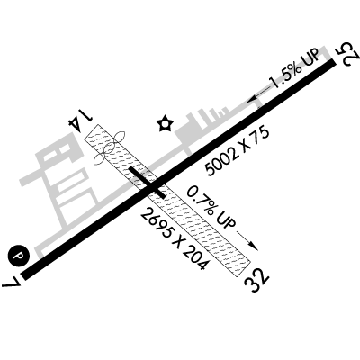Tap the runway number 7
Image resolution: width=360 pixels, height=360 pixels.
(12, 281)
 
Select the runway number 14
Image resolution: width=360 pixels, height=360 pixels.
(79, 119)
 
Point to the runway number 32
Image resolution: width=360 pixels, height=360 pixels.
(256, 280)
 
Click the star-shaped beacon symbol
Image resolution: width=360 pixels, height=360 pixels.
(165, 123)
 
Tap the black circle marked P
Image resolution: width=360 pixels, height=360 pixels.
(19, 256)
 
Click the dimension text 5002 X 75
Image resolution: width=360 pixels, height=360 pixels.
(237, 152)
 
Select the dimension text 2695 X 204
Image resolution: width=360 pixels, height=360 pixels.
(174, 238)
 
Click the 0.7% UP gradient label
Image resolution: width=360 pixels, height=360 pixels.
(211, 207)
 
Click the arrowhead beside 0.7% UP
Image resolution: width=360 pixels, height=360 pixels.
(254, 246)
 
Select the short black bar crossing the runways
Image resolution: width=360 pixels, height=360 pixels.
(147, 183)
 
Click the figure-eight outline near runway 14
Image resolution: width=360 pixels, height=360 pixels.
(110, 148)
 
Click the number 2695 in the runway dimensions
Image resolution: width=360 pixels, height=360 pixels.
(157, 223)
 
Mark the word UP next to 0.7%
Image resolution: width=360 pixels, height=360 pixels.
(226, 220)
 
